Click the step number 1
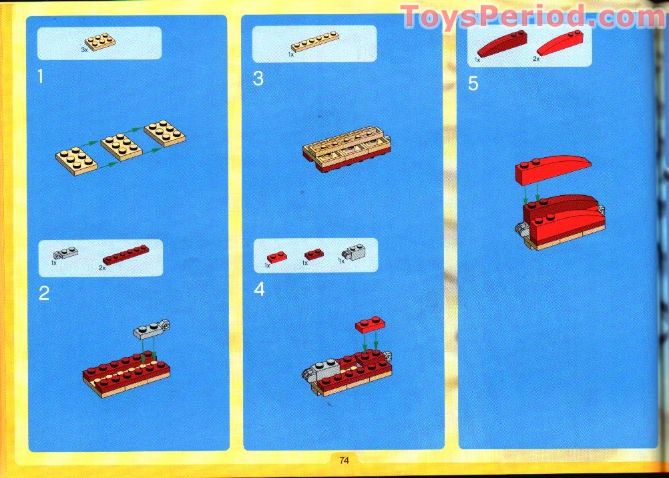pyautogui.click(x=40, y=78)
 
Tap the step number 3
pyautogui.click(x=258, y=79)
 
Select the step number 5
pyautogui.click(x=473, y=84)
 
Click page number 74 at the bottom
pyautogui.click(x=345, y=460)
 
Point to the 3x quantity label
pyautogui.click(x=84, y=50)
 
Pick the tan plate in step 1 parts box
pyautogui.click(x=99, y=41)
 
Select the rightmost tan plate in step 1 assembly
pyautogui.click(x=164, y=132)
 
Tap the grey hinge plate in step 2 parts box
pyautogui.click(x=66, y=254)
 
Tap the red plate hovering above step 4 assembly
pyautogui.click(x=371, y=325)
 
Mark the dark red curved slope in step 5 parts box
pyautogui.click(x=501, y=44)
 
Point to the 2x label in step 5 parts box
pyautogui.click(x=535, y=59)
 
